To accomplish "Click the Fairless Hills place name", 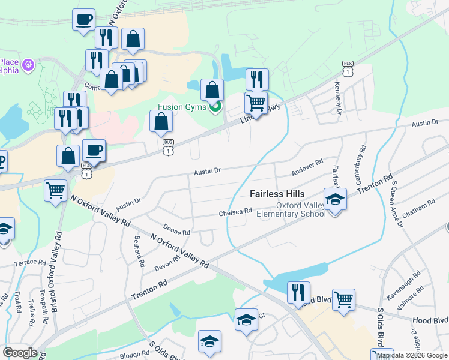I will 277,194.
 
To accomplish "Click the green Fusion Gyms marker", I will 215,107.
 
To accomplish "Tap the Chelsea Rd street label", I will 235,212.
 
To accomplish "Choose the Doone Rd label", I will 176,231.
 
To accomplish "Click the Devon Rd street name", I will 168,263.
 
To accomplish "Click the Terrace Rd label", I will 31,263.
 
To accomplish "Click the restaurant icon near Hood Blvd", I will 298,292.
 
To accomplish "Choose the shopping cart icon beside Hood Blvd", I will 343,299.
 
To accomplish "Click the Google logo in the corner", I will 20,353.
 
